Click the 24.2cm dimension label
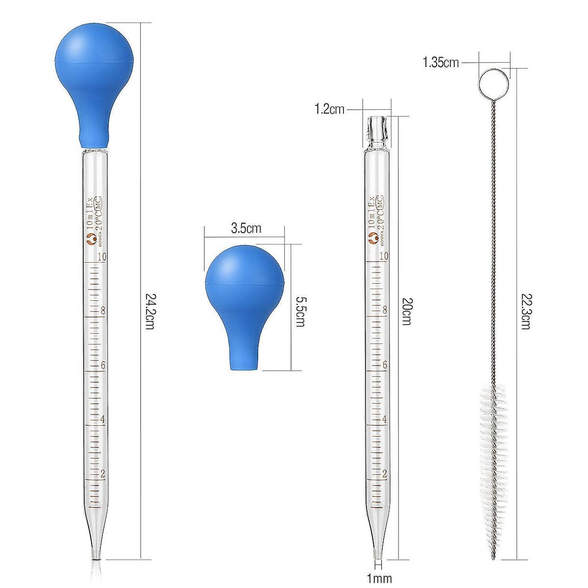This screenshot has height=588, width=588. click(x=149, y=311)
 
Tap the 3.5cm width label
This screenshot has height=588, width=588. click(x=246, y=228)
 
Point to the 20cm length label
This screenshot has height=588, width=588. click(x=406, y=311)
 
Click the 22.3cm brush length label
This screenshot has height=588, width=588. click(x=525, y=311)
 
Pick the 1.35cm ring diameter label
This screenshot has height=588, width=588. click(x=441, y=62)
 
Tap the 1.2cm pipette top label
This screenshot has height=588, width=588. click(x=329, y=109)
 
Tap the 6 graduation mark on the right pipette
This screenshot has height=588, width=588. click(x=385, y=365)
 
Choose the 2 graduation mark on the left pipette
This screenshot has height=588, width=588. click(x=102, y=474)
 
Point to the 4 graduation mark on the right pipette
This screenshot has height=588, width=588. click(x=385, y=419)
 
